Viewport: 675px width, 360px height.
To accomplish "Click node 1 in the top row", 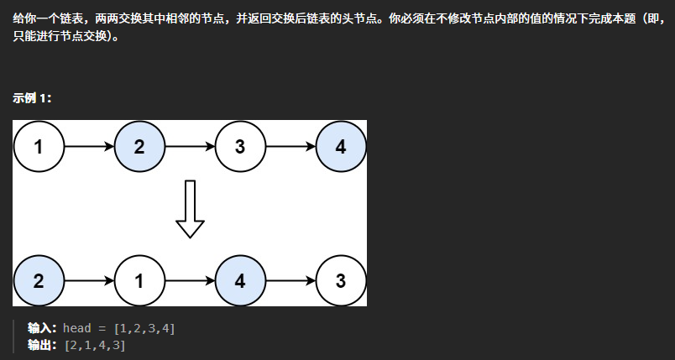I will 39,147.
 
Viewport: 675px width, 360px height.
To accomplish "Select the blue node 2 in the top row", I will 139,147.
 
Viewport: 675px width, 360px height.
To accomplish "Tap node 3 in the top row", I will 240,147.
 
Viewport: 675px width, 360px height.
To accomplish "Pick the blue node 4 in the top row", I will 341,147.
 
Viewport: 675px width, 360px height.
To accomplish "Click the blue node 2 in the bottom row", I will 39,281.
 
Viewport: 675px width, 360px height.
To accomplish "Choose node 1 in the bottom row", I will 139,281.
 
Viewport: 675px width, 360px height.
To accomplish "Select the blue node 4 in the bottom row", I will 240,281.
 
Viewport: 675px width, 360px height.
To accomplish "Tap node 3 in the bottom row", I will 341,281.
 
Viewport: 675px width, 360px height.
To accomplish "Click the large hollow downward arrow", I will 190,210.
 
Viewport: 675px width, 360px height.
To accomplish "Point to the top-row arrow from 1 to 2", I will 89,147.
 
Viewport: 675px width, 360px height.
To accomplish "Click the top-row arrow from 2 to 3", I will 190,147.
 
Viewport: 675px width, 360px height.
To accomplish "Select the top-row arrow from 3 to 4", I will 290,147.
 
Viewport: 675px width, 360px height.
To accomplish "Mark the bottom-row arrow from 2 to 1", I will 89,281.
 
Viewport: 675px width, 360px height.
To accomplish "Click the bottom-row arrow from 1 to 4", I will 190,281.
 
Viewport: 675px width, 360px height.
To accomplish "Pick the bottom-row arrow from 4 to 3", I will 290,281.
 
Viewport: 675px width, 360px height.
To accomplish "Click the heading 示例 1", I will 32,98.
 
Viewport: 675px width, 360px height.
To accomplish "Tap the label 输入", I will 42,328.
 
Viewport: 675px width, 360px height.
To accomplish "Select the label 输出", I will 42,345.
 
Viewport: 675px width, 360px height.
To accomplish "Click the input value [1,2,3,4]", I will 144,328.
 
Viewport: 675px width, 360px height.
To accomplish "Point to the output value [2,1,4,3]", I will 94,345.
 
